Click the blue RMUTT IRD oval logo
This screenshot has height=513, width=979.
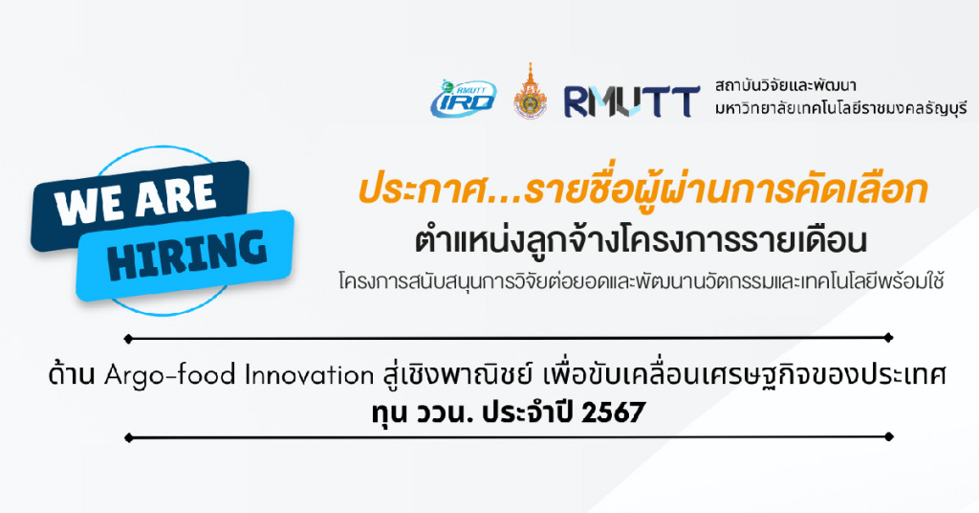tap(463, 98)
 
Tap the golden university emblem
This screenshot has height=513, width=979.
tap(530, 91)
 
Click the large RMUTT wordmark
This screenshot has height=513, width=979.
tap(631, 101)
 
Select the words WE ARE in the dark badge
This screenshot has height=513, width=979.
tap(136, 199)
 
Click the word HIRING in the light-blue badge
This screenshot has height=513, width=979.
tap(187, 254)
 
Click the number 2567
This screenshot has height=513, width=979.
tap(613, 413)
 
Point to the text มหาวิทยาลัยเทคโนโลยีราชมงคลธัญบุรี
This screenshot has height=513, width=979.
tap(840, 109)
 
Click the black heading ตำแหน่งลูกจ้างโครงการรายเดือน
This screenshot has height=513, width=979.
tap(642, 240)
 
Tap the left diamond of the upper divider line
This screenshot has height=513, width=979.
tap(129, 340)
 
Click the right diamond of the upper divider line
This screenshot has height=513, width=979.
tap(888, 338)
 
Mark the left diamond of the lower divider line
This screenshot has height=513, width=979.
tap(129, 437)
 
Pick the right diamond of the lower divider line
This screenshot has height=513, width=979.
tap(888, 436)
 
